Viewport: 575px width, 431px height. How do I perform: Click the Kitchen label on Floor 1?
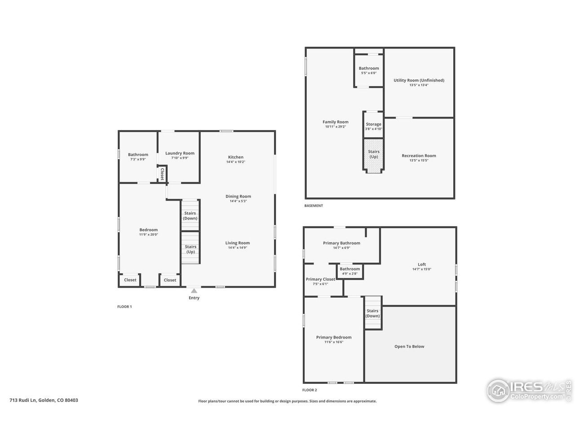(235, 157)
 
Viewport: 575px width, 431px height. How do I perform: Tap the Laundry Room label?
(180, 153)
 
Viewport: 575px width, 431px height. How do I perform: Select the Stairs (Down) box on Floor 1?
(190, 215)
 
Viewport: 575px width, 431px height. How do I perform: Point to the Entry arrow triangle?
(194, 290)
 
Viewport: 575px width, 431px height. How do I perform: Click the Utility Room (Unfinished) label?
(419, 80)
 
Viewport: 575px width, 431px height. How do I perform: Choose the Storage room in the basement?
(373, 124)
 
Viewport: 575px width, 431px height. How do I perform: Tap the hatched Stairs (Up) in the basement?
(373, 154)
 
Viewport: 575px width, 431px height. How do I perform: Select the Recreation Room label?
(419, 156)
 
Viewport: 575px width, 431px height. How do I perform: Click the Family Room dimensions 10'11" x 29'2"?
(335, 127)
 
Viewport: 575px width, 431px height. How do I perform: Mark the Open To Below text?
(409, 347)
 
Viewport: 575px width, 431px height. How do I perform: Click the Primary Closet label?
(320, 279)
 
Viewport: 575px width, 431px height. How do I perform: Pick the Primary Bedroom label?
(334, 337)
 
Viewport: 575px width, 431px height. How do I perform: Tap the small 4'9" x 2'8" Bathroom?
(349, 271)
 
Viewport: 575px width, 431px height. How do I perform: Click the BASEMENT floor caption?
(314, 206)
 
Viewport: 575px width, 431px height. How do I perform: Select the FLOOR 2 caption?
(310, 390)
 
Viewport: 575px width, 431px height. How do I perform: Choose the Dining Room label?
(238, 196)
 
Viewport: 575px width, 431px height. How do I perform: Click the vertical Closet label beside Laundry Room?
(162, 173)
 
